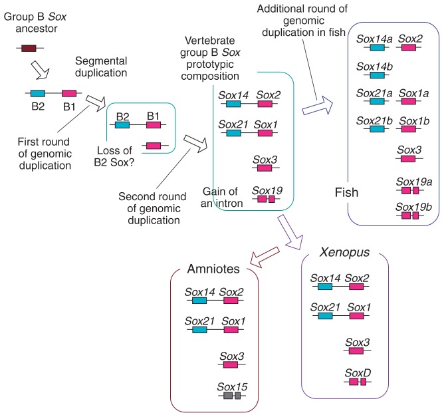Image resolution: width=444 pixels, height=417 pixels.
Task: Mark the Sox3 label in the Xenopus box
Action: (x=358, y=342)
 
